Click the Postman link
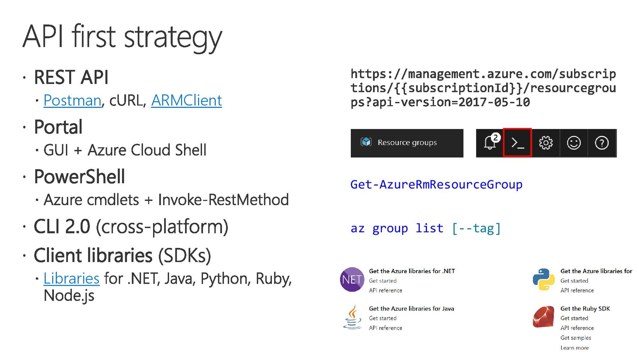pyautogui.click(x=72, y=100)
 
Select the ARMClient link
pyautogui.click(x=186, y=100)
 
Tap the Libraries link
pyautogui.click(x=71, y=278)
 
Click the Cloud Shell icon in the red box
pyautogui.click(x=517, y=143)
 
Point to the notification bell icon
pyautogui.click(x=490, y=143)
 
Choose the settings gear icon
pyautogui.click(x=545, y=143)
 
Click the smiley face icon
pyautogui.click(x=573, y=143)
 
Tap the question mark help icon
pyautogui.click(x=601, y=143)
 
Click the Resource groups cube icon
pyautogui.click(x=366, y=142)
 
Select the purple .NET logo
pyautogui.click(x=352, y=279)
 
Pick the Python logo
pyautogui.click(x=543, y=279)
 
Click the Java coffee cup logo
pyautogui.click(x=352, y=317)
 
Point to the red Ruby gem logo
pyautogui.click(x=543, y=317)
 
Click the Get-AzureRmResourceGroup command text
pyautogui.click(x=436, y=184)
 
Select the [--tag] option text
pyautogui.click(x=476, y=228)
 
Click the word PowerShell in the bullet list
pyautogui.click(x=80, y=177)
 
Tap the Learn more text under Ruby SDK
pyautogui.click(x=574, y=348)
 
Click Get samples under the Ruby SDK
pyautogui.click(x=575, y=338)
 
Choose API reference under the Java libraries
pyautogui.click(x=385, y=328)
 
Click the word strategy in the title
pyautogui.click(x=173, y=37)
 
